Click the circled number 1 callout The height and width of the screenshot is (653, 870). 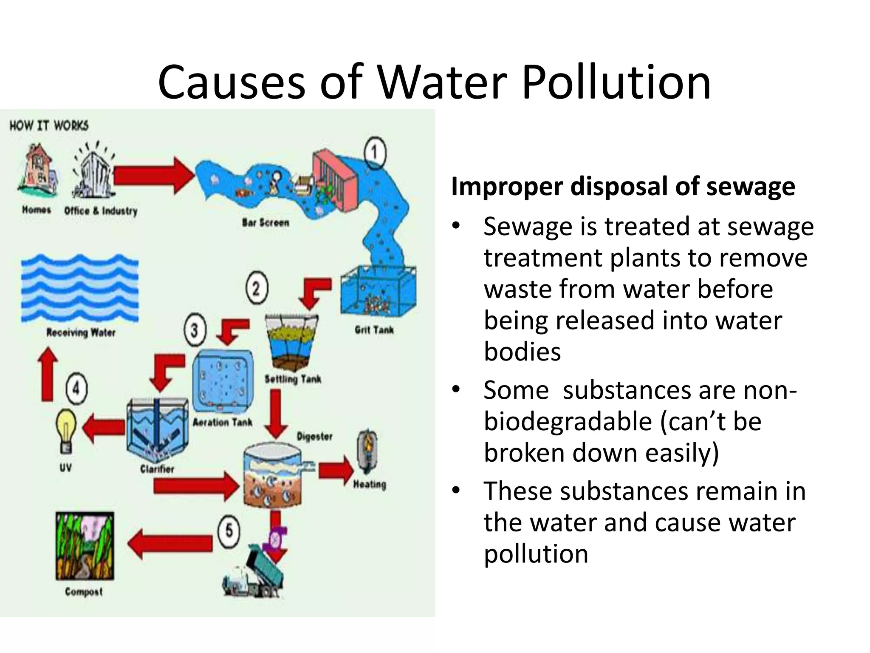pyautogui.click(x=375, y=153)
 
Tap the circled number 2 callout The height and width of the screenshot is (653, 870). pyautogui.click(x=257, y=288)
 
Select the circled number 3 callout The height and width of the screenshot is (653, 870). pyautogui.click(x=195, y=330)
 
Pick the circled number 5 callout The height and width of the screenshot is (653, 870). pyautogui.click(x=229, y=531)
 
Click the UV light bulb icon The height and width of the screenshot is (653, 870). pyautogui.click(x=66, y=430)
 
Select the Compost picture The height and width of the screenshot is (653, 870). pyautogui.click(x=85, y=546)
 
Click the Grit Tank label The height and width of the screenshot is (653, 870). pyautogui.click(x=374, y=330)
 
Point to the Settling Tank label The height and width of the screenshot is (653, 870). pyautogui.click(x=293, y=379)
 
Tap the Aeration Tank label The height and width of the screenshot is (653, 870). pyautogui.click(x=222, y=422)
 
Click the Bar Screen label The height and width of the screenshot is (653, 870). pyautogui.click(x=266, y=222)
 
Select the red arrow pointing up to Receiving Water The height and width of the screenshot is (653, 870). pyautogui.click(x=48, y=374)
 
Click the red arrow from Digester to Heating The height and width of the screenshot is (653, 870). pyautogui.click(x=336, y=470)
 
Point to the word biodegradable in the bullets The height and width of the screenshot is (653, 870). pyautogui.click(x=568, y=421)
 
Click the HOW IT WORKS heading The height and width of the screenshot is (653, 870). pyautogui.click(x=49, y=125)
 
